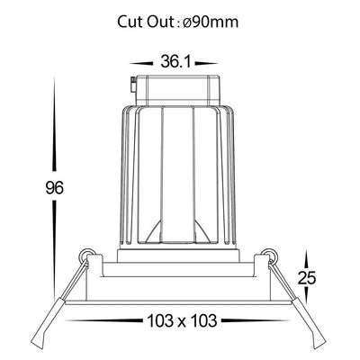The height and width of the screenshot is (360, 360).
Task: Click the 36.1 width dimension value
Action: (175, 62)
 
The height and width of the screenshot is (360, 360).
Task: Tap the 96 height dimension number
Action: (55, 188)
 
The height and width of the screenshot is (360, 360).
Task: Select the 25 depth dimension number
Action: (307, 278)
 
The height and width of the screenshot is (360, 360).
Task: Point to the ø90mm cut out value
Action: (211, 22)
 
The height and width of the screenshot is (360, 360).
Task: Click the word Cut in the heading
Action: (130, 22)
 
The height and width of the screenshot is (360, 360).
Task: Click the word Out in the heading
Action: (159, 22)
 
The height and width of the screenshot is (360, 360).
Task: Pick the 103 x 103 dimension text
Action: (182, 320)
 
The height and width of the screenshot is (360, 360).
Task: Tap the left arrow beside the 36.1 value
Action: (141, 64)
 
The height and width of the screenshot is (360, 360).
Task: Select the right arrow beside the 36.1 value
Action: (206, 64)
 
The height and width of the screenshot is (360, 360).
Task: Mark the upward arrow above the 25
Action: (307, 260)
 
